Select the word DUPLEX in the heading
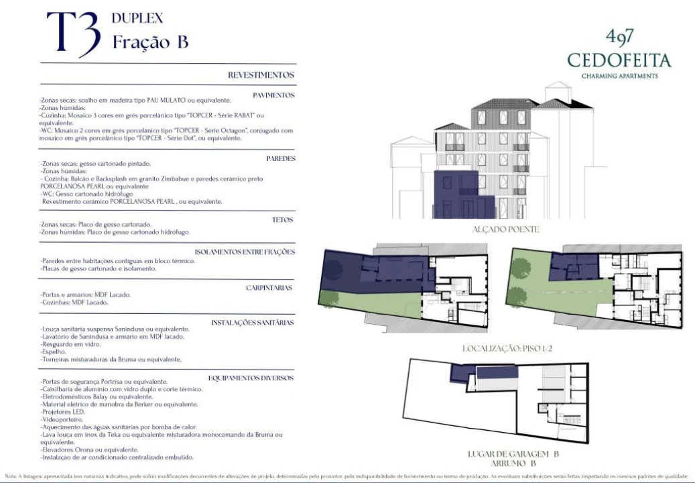point(137,18)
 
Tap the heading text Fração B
point(150,42)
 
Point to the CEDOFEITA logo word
point(619,61)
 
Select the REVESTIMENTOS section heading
point(261,75)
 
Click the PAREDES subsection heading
point(280,159)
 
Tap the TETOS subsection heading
point(283,220)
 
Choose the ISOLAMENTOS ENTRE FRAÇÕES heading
point(245,252)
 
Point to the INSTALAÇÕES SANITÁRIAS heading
point(253,323)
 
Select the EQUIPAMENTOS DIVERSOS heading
point(251,378)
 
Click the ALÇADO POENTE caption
point(496,229)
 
